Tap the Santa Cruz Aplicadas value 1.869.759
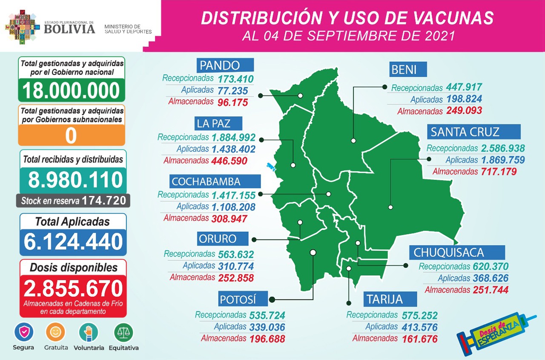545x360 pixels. coord(503,160)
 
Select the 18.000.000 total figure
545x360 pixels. coord(71,90)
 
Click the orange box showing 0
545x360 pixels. coord(71,135)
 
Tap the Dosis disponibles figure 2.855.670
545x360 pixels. coord(73,288)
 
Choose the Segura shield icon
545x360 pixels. coord(24,332)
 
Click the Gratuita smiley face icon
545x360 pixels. coord(56,332)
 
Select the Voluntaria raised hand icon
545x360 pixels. coord(89,332)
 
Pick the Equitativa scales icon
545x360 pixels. coord(123,332)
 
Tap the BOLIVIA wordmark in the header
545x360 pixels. coord(69,29)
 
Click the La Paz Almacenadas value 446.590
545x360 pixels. coord(229,161)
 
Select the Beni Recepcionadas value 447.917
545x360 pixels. coord(464,87)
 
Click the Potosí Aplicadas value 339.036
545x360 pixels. coord(267,327)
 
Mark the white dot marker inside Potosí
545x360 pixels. coord(313,252)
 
